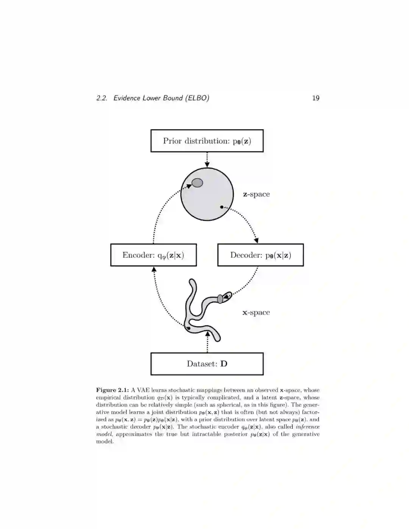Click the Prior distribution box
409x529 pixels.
[x=207, y=141]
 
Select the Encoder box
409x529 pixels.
[x=153, y=255]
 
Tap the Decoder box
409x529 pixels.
[x=261, y=255]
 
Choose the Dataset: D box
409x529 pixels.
[x=207, y=364]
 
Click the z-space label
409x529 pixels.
[x=256, y=194]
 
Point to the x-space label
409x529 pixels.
[x=256, y=312]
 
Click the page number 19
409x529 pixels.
[x=315, y=98]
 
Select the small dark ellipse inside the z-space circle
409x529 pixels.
[x=197, y=183]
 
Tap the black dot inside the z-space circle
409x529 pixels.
[x=222, y=207]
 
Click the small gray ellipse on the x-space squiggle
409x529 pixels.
[x=220, y=299]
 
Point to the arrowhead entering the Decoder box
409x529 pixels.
[x=256, y=240]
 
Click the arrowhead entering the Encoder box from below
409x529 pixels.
[x=154, y=269]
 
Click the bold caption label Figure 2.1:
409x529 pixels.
[x=112, y=390]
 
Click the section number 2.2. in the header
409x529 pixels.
[x=101, y=98]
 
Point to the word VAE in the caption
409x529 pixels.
[x=143, y=390]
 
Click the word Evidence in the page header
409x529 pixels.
[x=127, y=98]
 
